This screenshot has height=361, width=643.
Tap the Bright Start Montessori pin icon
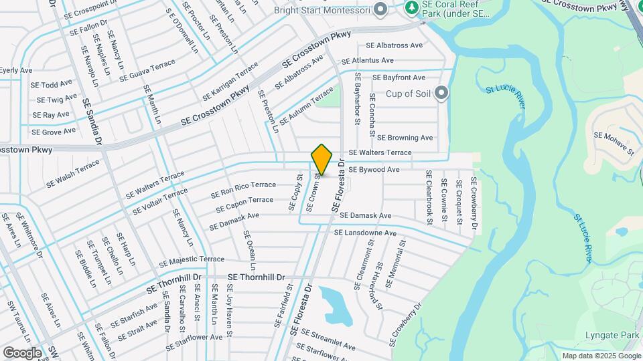click(380, 9)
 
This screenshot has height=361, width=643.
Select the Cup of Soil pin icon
click(441, 93)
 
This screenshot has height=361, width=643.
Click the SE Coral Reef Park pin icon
click(413, 8)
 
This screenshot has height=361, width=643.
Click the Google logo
click(22, 352)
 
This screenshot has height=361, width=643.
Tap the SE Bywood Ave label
click(374, 170)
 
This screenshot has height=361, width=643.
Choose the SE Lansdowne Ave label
click(365, 233)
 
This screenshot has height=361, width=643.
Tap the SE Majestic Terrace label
click(192, 259)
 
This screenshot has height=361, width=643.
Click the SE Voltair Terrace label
click(160, 201)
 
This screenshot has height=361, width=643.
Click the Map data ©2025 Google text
click(600, 356)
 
